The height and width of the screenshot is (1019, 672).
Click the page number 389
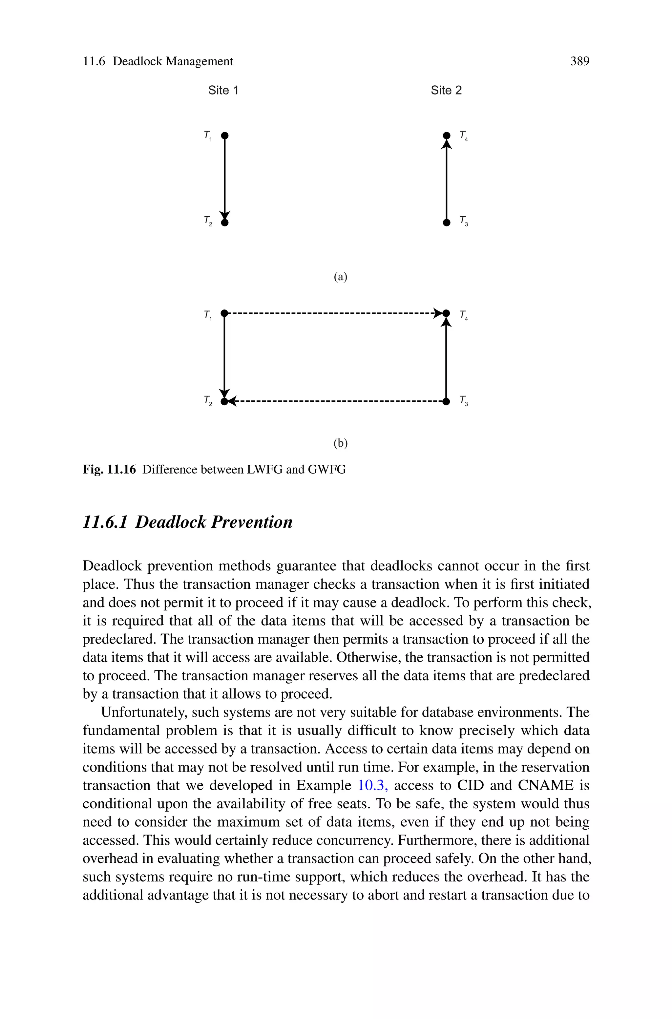(x=579, y=62)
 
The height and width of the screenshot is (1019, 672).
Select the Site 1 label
(x=223, y=91)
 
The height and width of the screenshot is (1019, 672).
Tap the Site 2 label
(x=446, y=91)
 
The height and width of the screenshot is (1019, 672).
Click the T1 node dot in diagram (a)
(x=224, y=136)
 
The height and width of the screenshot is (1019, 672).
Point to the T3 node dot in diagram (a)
(x=447, y=223)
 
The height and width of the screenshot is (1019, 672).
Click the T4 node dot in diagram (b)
(x=446, y=313)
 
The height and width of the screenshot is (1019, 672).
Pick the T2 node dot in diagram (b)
(x=224, y=401)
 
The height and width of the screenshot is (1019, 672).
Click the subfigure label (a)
(x=340, y=277)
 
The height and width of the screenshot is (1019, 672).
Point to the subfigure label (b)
(x=340, y=443)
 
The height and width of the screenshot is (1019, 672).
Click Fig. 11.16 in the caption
(x=109, y=470)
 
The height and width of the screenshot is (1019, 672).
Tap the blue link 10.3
(x=372, y=785)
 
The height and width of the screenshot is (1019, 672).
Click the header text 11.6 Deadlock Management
(x=158, y=62)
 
